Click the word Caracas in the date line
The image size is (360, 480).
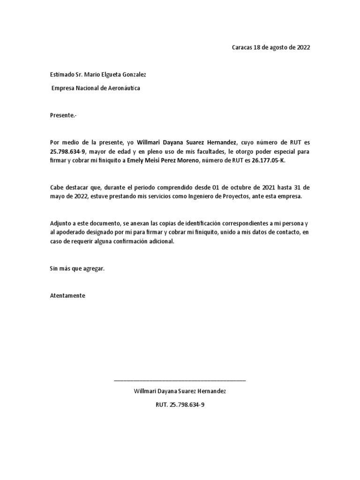click(x=242, y=48)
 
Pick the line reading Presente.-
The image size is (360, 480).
click(x=62, y=115)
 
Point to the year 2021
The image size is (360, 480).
click(x=268, y=187)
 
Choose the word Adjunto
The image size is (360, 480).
click(x=61, y=223)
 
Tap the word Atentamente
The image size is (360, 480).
click(x=67, y=296)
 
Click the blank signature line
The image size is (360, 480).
click(x=180, y=380)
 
